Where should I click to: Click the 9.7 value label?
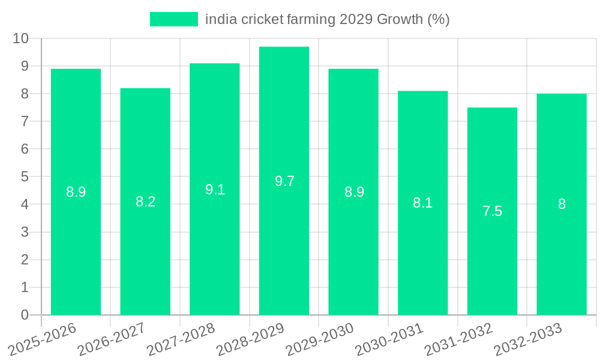(284, 181)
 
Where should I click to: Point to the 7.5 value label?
(492, 211)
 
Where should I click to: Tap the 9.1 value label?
(215, 190)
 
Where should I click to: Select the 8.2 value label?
(145, 202)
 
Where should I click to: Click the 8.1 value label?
(422, 203)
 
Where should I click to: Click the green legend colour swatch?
(173, 19)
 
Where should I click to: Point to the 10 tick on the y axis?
(20, 38)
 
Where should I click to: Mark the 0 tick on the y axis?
(25, 315)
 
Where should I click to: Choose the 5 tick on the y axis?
(25, 176)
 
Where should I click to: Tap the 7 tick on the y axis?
(25, 121)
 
